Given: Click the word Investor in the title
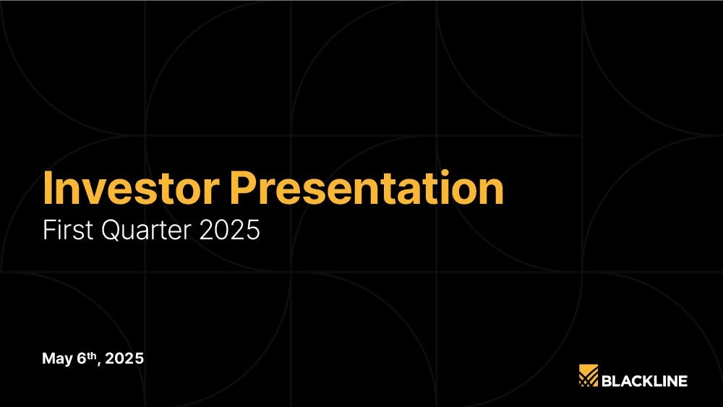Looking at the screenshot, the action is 131,187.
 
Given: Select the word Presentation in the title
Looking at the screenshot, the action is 367,187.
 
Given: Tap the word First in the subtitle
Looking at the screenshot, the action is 69,229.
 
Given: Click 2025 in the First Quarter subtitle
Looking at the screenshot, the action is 230,230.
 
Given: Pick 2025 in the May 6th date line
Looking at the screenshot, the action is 124,358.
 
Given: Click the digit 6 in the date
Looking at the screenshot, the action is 82,358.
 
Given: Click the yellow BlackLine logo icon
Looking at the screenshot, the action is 589,375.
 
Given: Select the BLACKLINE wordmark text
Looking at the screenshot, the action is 645,381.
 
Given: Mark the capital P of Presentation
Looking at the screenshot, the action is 242,188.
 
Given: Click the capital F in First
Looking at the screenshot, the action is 49,230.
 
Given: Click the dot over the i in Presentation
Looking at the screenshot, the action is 444,173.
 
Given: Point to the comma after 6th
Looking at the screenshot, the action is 99,364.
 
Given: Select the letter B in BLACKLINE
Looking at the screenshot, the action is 607,381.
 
